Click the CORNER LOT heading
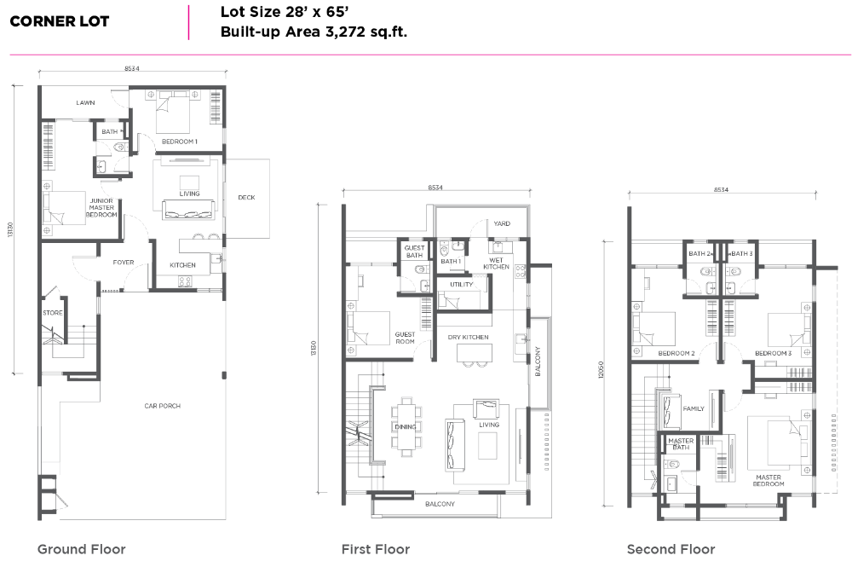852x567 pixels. tap(60, 21)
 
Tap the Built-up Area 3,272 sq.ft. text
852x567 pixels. tap(314, 32)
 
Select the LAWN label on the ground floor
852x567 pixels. tap(85, 102)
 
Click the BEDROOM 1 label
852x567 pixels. tap(179, 142)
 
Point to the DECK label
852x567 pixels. tap(247, 197)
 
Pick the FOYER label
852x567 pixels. tap(124, 262)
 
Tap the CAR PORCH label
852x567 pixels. tap(163, 406)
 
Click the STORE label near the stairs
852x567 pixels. tap(53, 313)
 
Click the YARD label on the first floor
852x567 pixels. tap(502, 223)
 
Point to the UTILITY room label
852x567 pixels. tap(461, 284)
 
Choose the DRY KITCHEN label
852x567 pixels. tap(468, 337)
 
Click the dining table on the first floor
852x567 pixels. tap(405, 427)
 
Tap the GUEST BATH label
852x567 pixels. tap(414, 252)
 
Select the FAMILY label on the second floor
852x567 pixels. tap(694, 408)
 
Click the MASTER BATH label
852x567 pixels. tap(681, 444)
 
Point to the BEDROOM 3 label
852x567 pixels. tap(774, 353)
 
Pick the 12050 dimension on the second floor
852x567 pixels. tap(601, 370)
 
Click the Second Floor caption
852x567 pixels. tap(671, 549)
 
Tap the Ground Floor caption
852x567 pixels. tap(82, 549)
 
